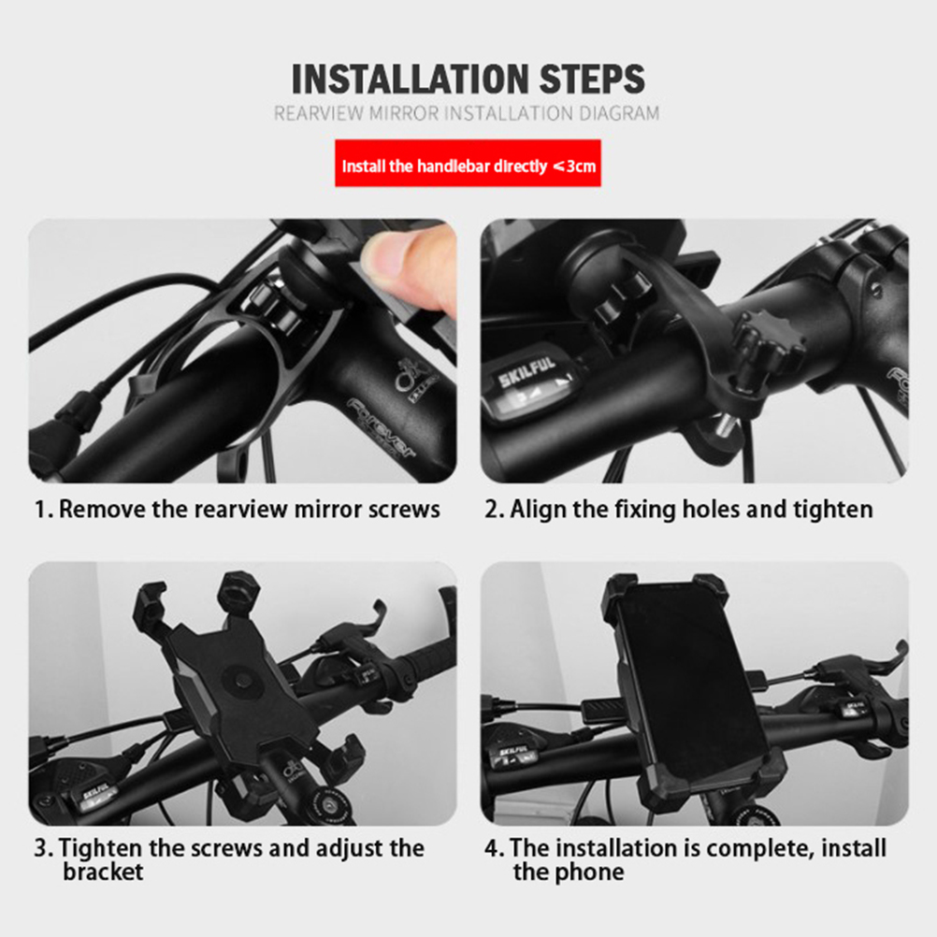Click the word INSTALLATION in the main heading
click(x=411, y=79)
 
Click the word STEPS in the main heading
click(x=592, y=79)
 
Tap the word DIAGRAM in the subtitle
click(x=619, y=113)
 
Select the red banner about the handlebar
click(x=468, y=163)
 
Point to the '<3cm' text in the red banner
click(x=574, y=166)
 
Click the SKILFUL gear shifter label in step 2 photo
click(x=527, y=371)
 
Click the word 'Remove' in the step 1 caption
click(x=102, y=509)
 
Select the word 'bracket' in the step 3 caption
click(x=103, y=872)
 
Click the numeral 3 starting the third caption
click(x=40, y=848)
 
